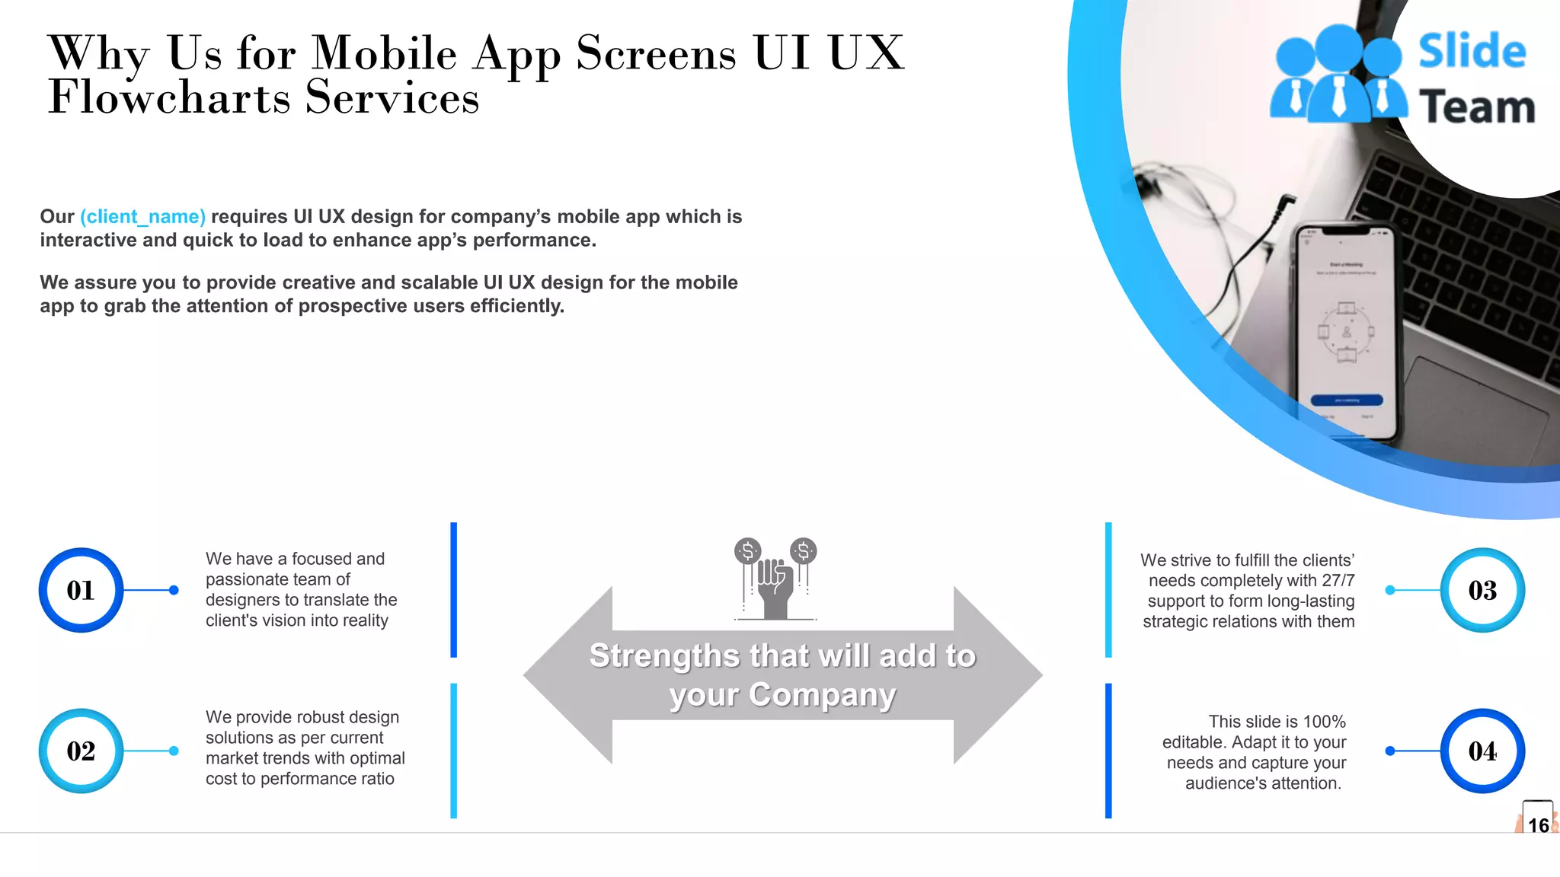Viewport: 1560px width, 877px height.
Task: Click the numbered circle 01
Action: click(81, 590)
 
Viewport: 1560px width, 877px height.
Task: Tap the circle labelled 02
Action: click(81, 751)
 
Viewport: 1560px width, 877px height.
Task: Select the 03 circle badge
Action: click(1482, 590)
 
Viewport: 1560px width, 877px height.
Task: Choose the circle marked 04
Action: click(1482, 751)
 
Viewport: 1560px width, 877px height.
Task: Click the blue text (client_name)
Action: click(142, 217)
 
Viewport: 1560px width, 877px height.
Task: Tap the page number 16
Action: click(1538, 825)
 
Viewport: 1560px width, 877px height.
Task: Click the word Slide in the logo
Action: click(1472, 51)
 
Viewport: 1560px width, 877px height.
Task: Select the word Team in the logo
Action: click(1476, 107)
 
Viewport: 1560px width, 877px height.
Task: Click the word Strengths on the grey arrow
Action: click(664, 655)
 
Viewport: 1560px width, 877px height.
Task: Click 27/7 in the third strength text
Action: click(1338, 581)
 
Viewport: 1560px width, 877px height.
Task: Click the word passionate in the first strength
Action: click(249, 580)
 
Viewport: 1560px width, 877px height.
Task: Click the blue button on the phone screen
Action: click(1346, 400)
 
